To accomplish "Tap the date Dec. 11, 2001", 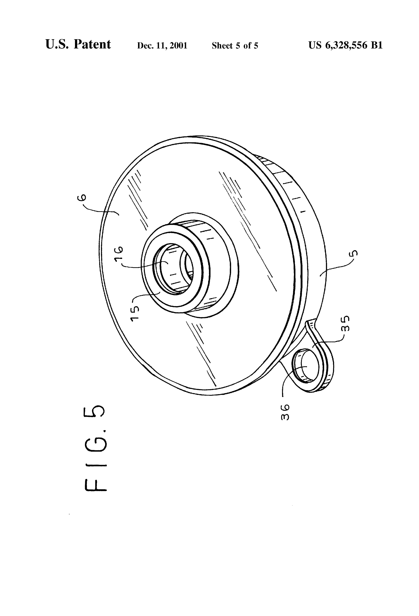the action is (162, 46).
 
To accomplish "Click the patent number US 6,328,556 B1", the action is (345, 45).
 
